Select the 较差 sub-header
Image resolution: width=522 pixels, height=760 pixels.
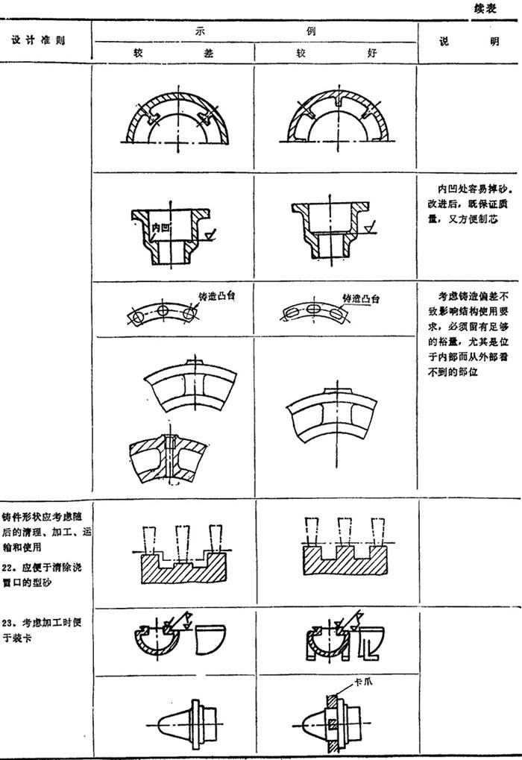click(173, 53)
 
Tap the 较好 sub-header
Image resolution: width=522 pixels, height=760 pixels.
click(335, 53)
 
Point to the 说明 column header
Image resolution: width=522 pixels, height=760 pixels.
click(468, 42)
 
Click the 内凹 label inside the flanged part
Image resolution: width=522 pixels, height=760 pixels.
click(160, 225)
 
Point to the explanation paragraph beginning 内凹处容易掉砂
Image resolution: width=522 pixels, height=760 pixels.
click(468, 202)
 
